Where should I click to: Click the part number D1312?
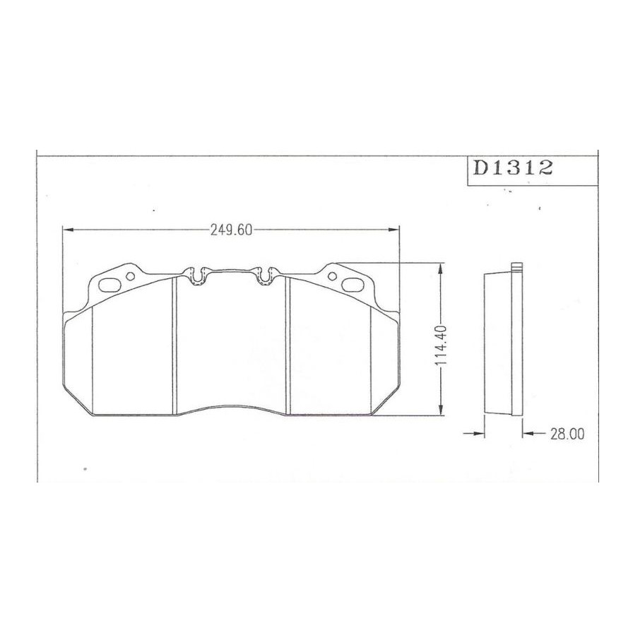point(513,168)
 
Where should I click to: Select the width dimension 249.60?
point(231,230)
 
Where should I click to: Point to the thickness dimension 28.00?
point(567,434)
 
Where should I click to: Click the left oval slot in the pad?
point(110,285)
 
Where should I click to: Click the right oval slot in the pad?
point(353,284)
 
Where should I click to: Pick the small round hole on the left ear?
point(130,276)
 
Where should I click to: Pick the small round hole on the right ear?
point(332,276)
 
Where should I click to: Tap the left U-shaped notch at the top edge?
point(197,276)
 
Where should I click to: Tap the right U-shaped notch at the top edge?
point(265,276)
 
